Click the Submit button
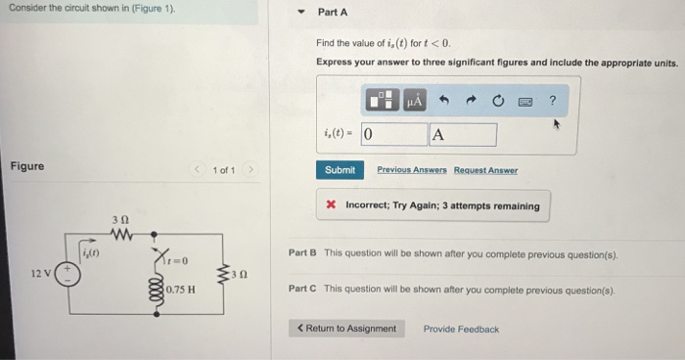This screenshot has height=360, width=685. coord(340,170)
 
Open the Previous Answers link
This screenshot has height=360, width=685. coord(410,170)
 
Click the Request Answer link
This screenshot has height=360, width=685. coord(485,170)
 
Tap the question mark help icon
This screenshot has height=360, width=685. coord(552,100)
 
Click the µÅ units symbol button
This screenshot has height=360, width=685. coord(414,100)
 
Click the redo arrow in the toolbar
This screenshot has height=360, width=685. coord(471,100)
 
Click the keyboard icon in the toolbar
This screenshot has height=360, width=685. coord(525,100)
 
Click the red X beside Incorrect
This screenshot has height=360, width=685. coord(332,206)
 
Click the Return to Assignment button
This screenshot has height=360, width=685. coord(347,329)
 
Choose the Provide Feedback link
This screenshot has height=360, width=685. coord(461,329)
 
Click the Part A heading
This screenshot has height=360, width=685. coord(333,13)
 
